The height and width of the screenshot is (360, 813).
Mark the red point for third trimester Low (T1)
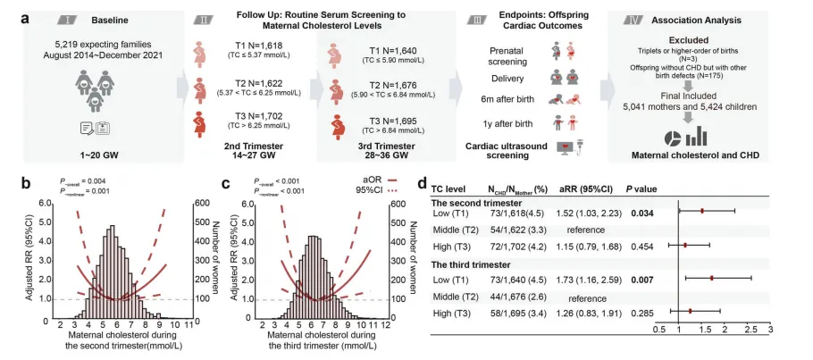713,278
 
